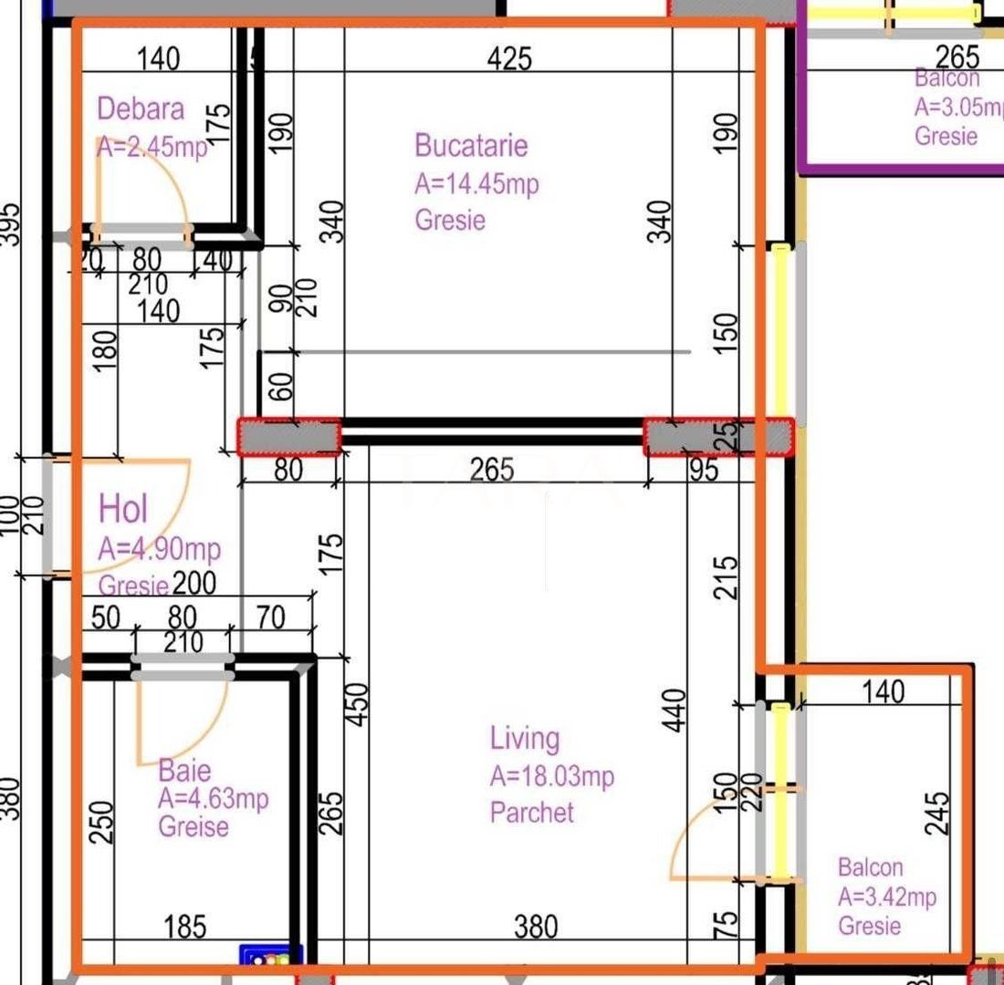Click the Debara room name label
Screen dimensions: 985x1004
(x=141, y=109)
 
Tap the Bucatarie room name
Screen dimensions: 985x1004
(x=470, y=145)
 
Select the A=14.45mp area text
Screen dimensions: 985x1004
(x=476, y=183)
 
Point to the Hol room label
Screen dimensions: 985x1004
(x=123, y=509)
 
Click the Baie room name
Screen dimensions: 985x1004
(x=183, y=769)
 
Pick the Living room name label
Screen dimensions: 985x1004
(x=524, y=738)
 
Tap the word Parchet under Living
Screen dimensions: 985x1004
(x=531, y=812)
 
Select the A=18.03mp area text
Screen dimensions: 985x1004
(x=551, y=776)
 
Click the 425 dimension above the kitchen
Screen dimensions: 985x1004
(x=509, y=59)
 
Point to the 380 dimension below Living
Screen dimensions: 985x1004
(x=535, y=928)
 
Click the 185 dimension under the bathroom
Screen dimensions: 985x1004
(x=184, y=928)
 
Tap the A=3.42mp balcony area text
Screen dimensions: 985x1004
(x=886, y=897)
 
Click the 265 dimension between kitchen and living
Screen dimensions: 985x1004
(x=492, y=471)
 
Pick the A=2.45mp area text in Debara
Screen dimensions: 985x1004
(x=152, y=147)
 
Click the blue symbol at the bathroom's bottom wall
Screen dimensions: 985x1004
(x=270, y=957)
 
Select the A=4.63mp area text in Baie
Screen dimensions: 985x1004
(x=213, y=799)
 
